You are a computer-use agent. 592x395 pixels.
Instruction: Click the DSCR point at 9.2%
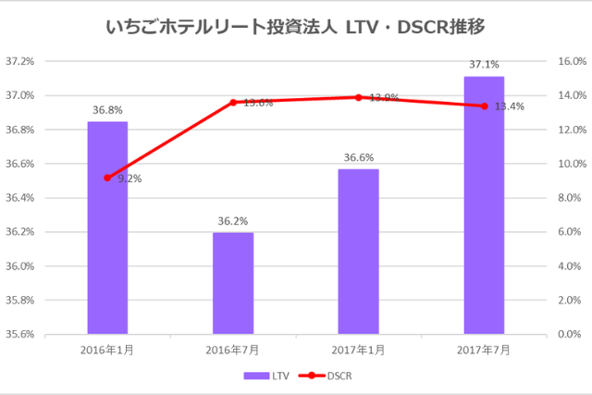click(x=107, y=178)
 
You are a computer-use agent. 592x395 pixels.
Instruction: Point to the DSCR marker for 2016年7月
click(x=233, y=102)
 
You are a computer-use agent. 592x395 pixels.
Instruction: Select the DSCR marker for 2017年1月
click(x=358, y=97)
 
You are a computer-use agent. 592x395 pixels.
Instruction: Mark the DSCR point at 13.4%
click(x=484, y=105)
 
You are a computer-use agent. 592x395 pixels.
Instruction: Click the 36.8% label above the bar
click(x=107, y=110)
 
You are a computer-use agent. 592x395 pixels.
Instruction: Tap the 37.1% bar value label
click(x=484, y=65)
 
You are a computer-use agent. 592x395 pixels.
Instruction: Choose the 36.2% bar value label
click(x=233, y=221)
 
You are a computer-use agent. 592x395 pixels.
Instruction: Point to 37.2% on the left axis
click(x=20, y=62)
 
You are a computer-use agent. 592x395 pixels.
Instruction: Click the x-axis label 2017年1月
click(x=358, y=350)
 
